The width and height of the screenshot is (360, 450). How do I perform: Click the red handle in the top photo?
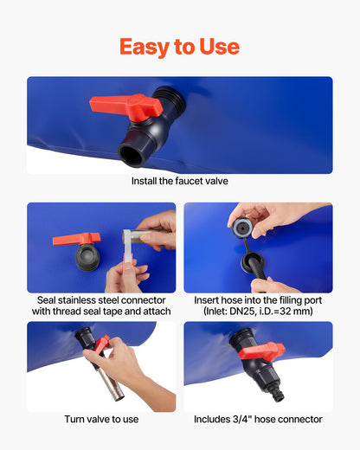click(x=126, y=106)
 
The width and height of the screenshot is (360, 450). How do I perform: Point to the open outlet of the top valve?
click(x=132, y=156)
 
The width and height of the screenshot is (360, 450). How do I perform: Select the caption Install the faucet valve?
click(x=180, y=181)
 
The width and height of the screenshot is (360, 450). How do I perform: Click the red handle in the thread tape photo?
click(x=77, y=240)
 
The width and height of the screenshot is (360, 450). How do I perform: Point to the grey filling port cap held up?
click(x=242, y=228)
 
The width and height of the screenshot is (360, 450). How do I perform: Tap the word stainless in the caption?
click(x=77, y=300)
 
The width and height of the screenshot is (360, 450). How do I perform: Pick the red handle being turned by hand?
click(x=101, y=344)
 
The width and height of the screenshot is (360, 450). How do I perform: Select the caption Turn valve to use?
click(x=101, y=420)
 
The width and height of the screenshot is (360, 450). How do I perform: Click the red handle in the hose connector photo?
click(x=262, y=351)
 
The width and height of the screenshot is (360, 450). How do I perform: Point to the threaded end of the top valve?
click(x=170, y=97)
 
